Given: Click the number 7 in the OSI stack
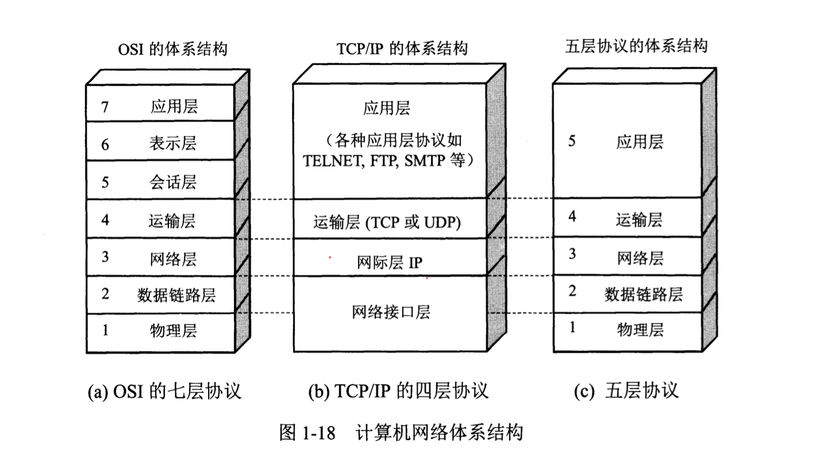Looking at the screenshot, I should (105, 106).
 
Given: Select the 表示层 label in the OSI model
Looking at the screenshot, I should (172, 144).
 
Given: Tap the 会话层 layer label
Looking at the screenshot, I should (172, 183).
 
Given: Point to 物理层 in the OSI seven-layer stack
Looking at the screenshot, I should (173, 331).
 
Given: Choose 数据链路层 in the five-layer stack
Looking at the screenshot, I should (643, 295).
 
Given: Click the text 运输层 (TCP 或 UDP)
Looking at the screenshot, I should (387, 222).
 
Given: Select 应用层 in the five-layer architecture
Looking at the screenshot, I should (640, 142).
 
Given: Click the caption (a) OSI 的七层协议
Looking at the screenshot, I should (164, 392).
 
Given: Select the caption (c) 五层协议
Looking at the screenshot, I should (626, 391).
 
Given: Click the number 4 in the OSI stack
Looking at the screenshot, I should (105, 220).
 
